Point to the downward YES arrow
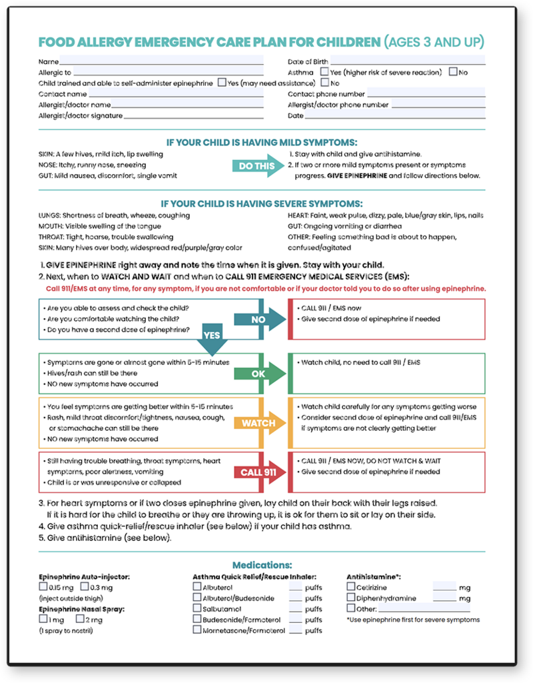pos(213,339)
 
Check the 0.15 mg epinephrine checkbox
pos(43,587)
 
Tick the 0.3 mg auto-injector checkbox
pos(85,587)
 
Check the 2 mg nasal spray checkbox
pos(80,619)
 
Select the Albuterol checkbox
pos(197,587)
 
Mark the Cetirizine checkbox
pos(351,587)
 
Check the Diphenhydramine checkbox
pos(351,598)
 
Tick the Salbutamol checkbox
pos(197,608)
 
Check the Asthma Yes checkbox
pos(324,72)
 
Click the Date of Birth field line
pos(406,63)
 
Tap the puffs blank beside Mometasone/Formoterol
pos(296,630)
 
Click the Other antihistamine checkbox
pos(351,608)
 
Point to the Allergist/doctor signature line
pos(193,116)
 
